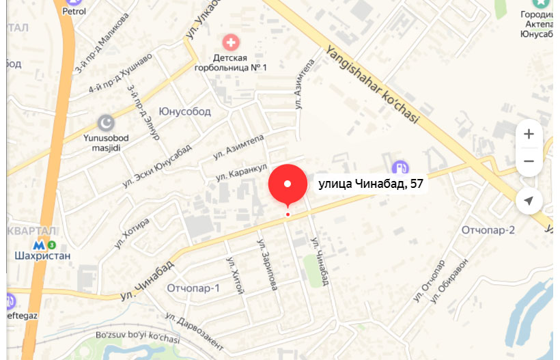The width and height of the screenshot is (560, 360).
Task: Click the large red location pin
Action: pos(288,184)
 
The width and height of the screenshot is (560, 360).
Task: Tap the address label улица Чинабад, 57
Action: pos(372,184)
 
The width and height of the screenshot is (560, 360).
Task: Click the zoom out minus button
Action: pos(529,162)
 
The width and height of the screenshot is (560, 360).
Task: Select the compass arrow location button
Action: pos(529,201)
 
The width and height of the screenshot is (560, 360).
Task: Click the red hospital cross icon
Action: pos(233,43)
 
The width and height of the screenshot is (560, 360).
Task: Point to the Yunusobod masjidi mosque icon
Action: pos(106,123)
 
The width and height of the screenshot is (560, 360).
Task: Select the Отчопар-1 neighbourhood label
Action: pos(193,288)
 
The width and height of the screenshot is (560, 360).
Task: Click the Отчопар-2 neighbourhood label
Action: pos(488,230)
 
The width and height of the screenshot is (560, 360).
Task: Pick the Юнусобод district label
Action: pos(184,111)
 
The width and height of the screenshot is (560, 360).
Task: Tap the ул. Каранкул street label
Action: pos(240,172)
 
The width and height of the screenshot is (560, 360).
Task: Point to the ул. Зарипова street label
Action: pos(267,264)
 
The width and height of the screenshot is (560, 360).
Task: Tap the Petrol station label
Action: pos(74,11)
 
